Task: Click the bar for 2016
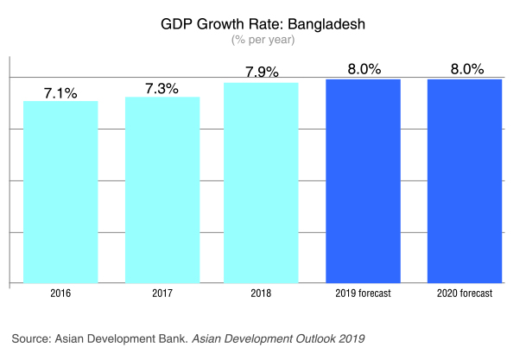click(60, 192)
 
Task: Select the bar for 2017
click(162, 190)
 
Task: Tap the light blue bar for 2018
click(262, 183)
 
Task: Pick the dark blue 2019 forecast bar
click(363, 180)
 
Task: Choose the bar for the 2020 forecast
click(465, 180)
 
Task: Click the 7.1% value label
click(60, 92)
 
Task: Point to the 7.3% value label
click(162, 88)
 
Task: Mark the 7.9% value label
click(262, 73)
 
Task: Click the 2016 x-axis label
click(60, 294)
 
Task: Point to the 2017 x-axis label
click(162, 294)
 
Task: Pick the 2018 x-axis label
click(262, 294)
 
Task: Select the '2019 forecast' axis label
click(363, 294)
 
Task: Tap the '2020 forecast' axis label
click(465, 294)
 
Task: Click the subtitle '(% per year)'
click(263, 39)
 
